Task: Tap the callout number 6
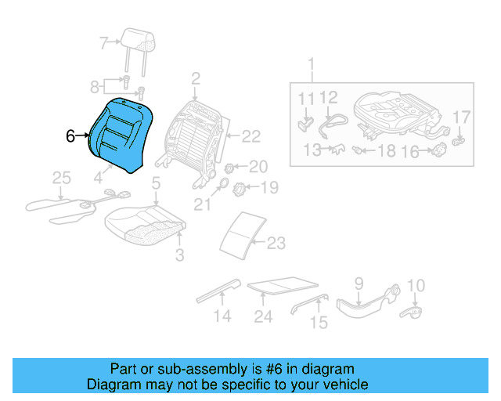point(70,136)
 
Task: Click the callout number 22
point(250,136)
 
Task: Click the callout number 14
point(222,316)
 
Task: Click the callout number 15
point(319,322)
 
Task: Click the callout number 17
point(462,117)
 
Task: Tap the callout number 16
point(410,152)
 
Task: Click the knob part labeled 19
point(242,188)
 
